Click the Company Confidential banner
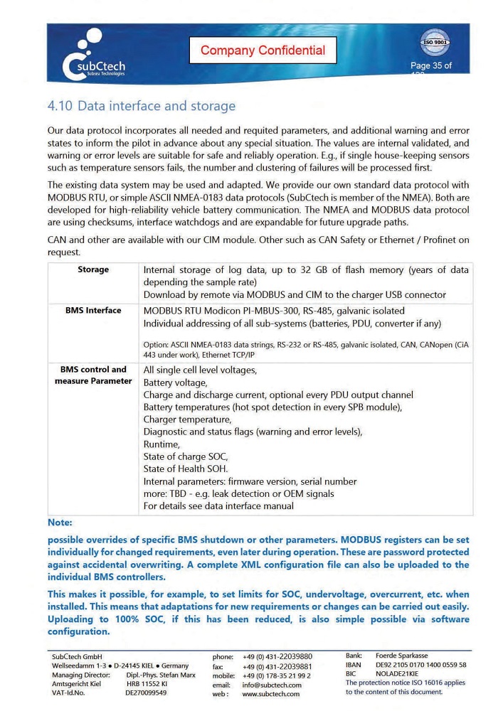(x=263, y=50)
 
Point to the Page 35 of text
(x=430, y=66)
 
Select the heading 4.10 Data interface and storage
(x=141, y=107)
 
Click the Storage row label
(x=93, y=269)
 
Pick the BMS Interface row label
(x=93, y=310)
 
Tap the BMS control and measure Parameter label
(x=93, y=375)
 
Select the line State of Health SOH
(x=186, y=469)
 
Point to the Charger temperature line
(x=187, y=419)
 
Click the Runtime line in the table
(x=162, y=444)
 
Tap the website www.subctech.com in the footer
(x=271, y=694)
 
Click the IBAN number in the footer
(x=420, y=665)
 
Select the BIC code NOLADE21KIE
(x=396, y=673)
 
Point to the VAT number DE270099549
(x=146, y=693)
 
